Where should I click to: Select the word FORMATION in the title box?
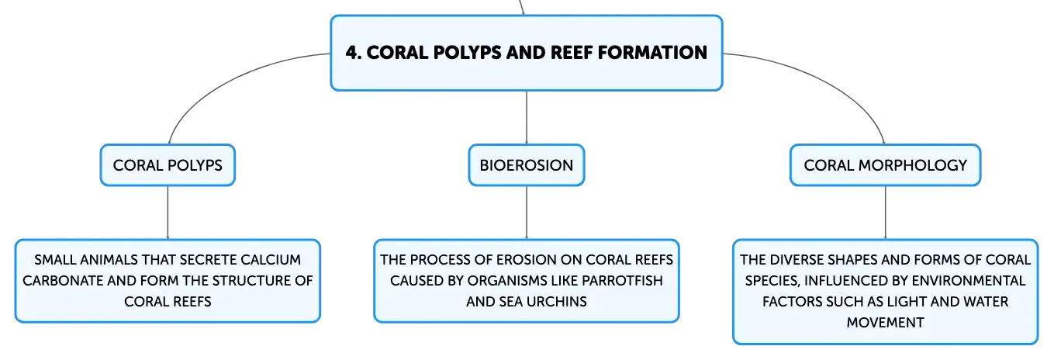pyautogui.click(x=652, y=53)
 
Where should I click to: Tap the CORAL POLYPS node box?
pyautogui.click(x=168, y=165)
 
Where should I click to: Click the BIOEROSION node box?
pyautogui.click(x=527, y=165)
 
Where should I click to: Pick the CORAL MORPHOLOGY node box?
pyautogui.click(x=885, y=165)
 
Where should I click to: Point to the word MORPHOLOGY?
pyautogui.click(x=912, y=165)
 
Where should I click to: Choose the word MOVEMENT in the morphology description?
pyautogui.click(x=885, y=323)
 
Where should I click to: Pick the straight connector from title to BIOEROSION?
pyautogui.click(x=527, y=118)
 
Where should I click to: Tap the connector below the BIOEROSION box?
pyautogui.click(x=527, y=213)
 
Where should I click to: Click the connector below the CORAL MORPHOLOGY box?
pyautogui.click(x=885, y=213)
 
